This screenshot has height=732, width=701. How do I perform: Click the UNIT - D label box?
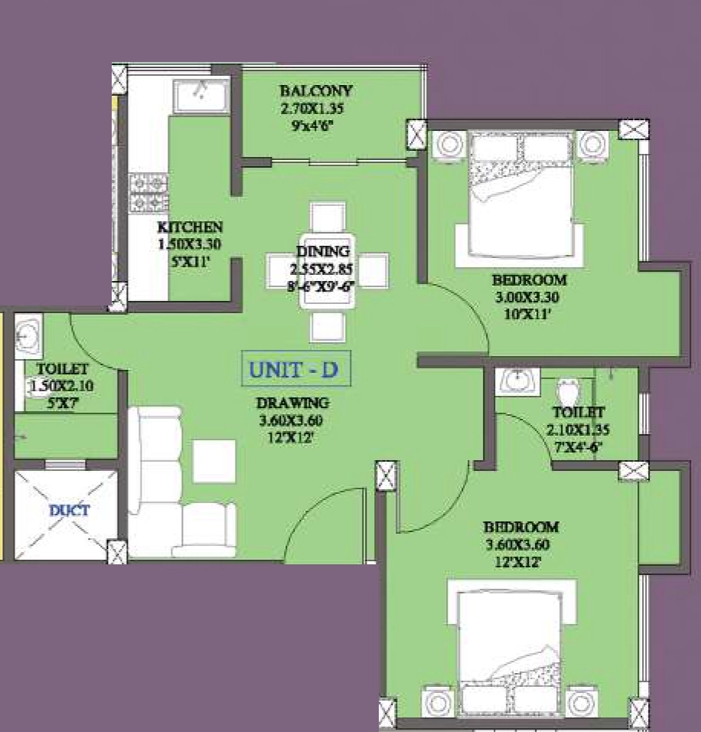(x=296, y=369)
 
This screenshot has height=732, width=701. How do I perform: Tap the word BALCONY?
(x=316, y=90)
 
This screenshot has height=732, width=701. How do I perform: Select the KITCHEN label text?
(x=190, y=227)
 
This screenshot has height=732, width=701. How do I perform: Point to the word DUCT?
(x=69, y=510)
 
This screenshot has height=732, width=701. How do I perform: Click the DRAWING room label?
(x=292, y=403)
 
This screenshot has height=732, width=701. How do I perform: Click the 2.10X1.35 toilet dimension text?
(x=578, y=430)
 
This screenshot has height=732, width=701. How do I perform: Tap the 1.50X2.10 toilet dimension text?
(x=62, y=386)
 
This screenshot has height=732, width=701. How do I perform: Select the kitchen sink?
(x=201, y=96)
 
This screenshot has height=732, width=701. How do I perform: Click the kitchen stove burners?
(x=148, y=193)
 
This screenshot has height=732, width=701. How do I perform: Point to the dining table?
(x=327, y=271)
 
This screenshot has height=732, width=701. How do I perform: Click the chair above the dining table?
(x=328, y=217)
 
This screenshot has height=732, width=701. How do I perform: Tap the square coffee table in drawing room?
(x=214, y=461)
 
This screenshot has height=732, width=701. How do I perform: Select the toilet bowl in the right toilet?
(x=568, y=391)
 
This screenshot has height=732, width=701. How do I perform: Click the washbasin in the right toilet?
(x=517, y=381)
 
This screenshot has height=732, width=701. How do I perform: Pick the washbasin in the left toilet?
(x=28, y=336)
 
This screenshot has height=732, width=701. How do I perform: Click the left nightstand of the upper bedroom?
(x=449, y=144)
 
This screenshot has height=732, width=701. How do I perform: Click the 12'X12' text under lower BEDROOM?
(x=518, y=562)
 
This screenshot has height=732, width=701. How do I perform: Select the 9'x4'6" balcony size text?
(x=312, y=126)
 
